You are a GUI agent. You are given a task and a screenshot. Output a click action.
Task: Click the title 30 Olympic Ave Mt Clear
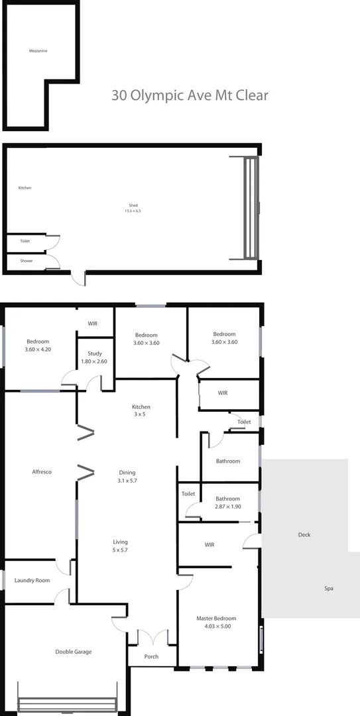click(190, 95)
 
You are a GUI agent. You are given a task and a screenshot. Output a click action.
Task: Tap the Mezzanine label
click(38, 50)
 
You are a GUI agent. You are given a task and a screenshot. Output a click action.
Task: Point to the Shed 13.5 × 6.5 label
click(133, 208)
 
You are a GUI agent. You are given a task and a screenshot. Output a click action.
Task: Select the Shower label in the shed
click(26, 261)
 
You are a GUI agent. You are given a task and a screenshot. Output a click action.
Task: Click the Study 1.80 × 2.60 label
click(93, 357)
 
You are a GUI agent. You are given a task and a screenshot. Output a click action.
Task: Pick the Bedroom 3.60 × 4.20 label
click(38, 345)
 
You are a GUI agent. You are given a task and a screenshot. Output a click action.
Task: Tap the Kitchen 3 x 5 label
click(141, 410)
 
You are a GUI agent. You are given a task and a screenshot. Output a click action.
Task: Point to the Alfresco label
click(42, 472)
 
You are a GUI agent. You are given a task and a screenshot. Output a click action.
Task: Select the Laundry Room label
click(32, 581)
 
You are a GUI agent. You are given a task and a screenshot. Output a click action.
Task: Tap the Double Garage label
click(73, 652)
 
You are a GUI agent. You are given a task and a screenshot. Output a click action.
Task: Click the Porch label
click(152, 657)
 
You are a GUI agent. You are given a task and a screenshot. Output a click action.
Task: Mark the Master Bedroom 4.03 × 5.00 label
click(216, 623)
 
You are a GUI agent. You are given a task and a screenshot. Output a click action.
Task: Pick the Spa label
click(328, 589)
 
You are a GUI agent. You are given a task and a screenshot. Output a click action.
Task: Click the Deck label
click(304, 535)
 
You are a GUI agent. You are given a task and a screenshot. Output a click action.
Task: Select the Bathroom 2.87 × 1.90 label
click(227, 503)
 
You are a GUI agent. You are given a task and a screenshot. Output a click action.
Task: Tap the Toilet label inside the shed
click(25, 241)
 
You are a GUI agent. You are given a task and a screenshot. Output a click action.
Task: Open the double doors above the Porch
click(152, 637)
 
